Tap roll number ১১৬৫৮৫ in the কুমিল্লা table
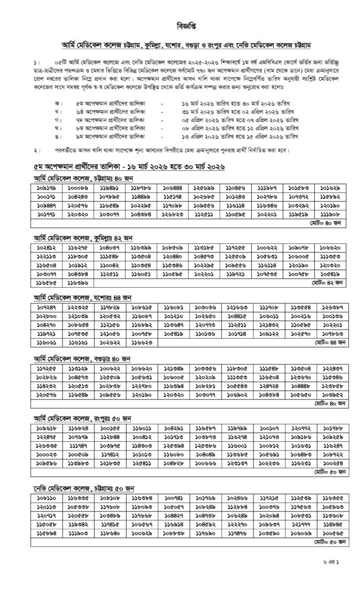click(x=43, y=283)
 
